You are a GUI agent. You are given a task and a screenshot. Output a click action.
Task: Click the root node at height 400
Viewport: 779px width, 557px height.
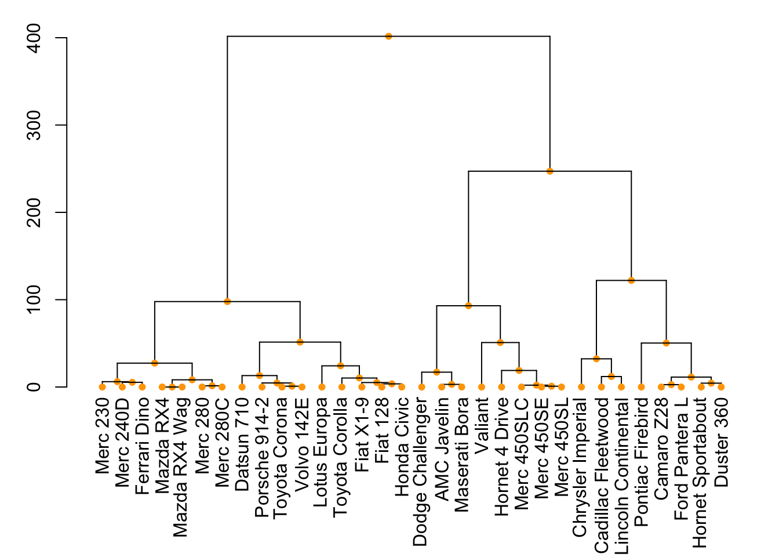point(388,37)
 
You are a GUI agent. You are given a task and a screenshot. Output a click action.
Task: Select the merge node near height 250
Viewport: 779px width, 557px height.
point(549,171)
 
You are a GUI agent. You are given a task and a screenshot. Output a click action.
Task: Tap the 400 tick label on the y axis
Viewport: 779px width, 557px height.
point(35,38)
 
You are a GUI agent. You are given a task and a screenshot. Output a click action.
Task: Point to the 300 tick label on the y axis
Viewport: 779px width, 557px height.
point(35,125)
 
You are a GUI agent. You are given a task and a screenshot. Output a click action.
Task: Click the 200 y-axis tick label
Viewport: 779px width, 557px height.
point(35,212)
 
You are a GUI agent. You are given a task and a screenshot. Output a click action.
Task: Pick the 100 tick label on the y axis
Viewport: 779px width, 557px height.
point(35,300)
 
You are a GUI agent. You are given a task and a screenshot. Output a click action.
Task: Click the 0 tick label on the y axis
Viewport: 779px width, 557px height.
point(35,387)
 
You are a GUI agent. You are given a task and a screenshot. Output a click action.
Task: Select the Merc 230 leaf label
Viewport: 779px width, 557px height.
point(103,435)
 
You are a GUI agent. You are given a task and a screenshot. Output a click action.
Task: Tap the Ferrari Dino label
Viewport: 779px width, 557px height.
point(142,446)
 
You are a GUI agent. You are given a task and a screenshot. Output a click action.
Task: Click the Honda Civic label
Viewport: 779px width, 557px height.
point(402,447)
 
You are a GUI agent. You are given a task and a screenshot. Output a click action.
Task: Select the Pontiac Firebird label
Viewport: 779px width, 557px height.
point(641,461)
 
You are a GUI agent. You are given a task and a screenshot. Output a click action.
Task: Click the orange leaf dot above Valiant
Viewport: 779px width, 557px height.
point(482,387)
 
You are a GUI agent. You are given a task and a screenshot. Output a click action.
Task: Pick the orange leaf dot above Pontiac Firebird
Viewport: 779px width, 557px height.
point(641,387)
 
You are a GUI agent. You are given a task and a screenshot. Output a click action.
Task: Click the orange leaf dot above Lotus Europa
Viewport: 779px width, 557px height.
point(322,387)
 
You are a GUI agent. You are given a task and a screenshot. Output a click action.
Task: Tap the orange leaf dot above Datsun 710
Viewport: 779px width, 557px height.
point(242,387)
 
